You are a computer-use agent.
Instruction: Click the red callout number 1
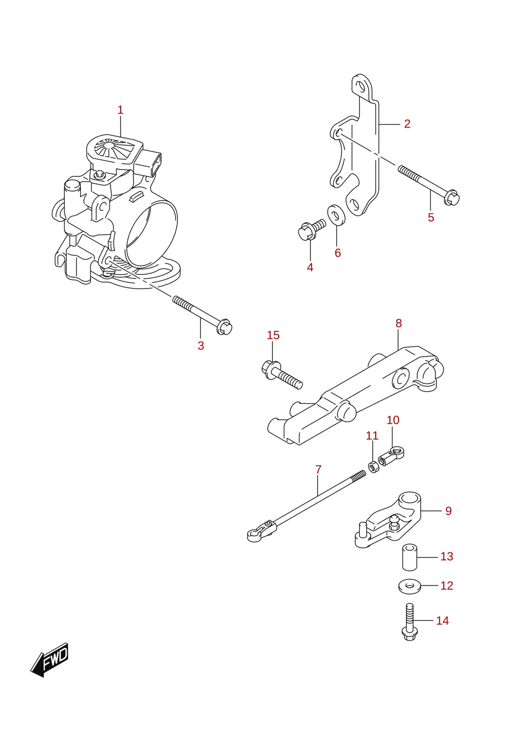(x=120, y=110)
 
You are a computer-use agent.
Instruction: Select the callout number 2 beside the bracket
(x=407, y=124)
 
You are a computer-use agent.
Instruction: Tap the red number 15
(x=273, y=335)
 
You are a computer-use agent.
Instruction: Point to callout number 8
(x=398, y=323)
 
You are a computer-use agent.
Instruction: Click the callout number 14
(x=442, y=621)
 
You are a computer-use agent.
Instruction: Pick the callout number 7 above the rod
(x=318, y=469)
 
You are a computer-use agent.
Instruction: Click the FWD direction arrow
(x=49, y=660)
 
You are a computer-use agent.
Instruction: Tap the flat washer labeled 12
(x=409, y=587)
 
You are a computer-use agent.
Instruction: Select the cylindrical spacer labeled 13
(x=410, y=557)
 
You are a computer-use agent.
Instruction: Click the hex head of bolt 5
(x=452, y=197)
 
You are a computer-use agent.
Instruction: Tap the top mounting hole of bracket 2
(x=361, y=87)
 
